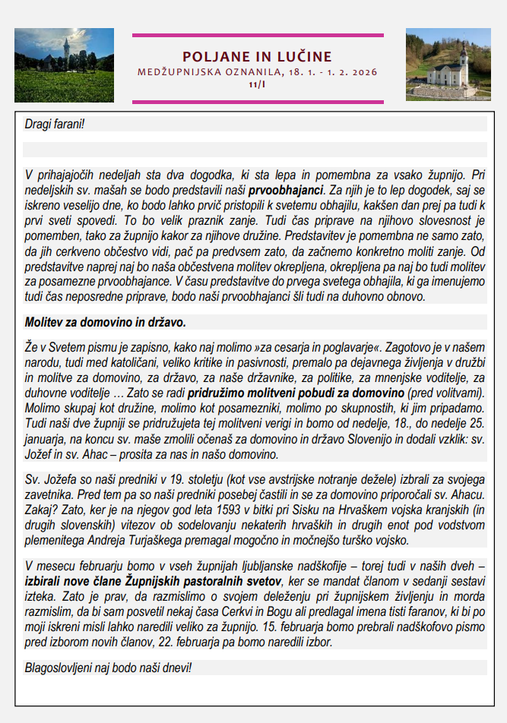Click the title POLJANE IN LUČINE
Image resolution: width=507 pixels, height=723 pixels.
coord(257,57)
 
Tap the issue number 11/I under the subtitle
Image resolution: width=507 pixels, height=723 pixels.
coord(257,85)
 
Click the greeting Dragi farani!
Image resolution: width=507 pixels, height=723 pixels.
coord(55,123)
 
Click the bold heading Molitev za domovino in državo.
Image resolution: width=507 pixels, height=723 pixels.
coord(105,322)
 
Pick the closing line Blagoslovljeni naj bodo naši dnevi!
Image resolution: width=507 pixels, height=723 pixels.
coord(108,668)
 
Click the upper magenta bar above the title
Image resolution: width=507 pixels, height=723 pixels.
coord(257,35)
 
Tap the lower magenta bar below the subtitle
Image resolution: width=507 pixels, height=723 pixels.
coord(257,101)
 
